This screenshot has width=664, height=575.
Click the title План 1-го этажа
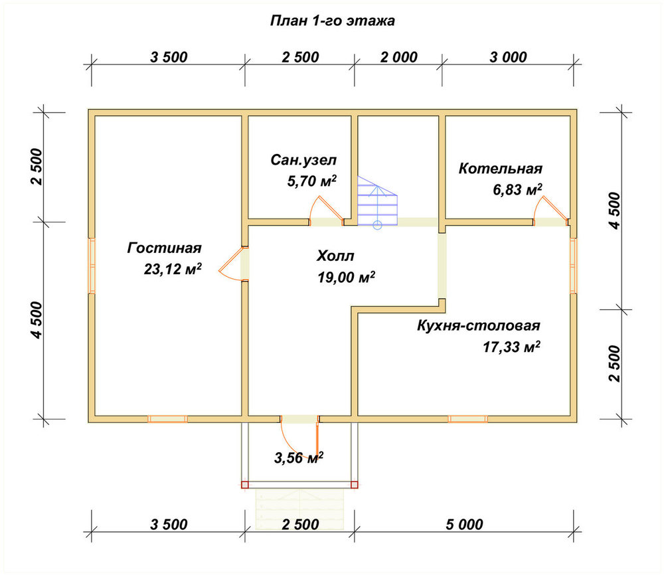pos(333,21)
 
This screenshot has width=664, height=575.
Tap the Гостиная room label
pos(164,248)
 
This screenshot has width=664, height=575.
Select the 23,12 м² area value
pos(173,269)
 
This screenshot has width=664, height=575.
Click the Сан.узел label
pos(303,160)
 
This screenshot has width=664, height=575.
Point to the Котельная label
pos(500,169)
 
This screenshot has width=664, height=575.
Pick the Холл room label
pos(335,256)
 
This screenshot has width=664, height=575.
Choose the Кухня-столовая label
pos(479,325)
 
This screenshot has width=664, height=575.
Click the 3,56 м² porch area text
pos(299,457)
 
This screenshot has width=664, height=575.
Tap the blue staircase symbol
pos(377,203)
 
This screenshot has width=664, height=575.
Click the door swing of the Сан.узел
pos(326,210)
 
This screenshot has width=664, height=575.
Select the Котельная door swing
pos(550,209)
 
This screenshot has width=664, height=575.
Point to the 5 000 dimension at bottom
pos(464,525)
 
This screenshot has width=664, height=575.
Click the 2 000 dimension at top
pos(398,57)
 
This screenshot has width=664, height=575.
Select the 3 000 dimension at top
pos(508,57)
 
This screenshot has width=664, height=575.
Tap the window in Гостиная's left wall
pos(92,266)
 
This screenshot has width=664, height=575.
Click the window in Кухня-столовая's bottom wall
pos(467,419)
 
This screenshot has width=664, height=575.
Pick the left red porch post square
pos(245,485)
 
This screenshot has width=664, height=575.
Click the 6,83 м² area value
pos(517,189)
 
